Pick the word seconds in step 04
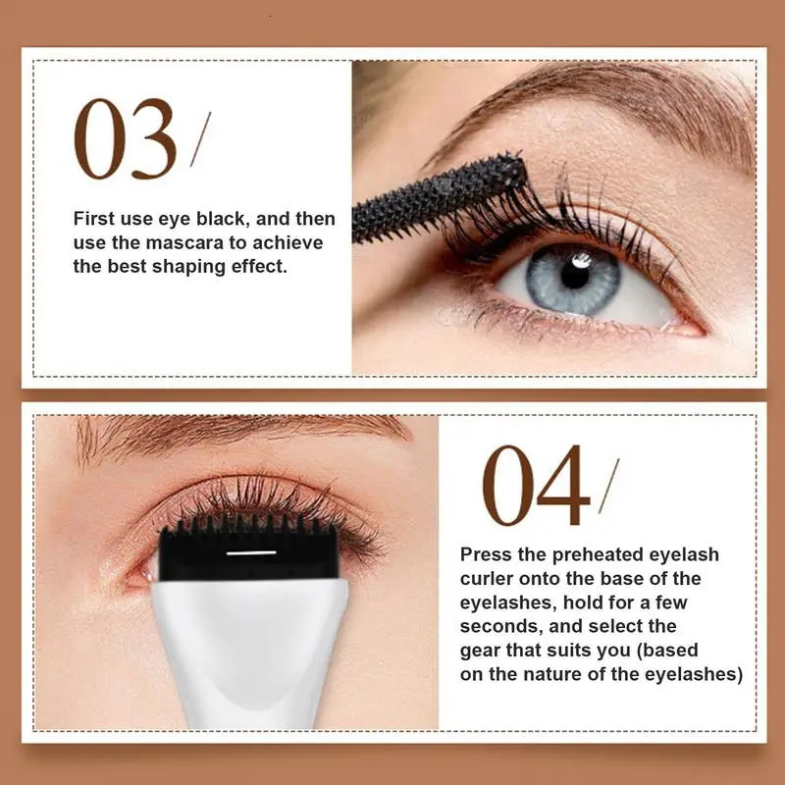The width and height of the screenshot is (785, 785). (497, 626)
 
